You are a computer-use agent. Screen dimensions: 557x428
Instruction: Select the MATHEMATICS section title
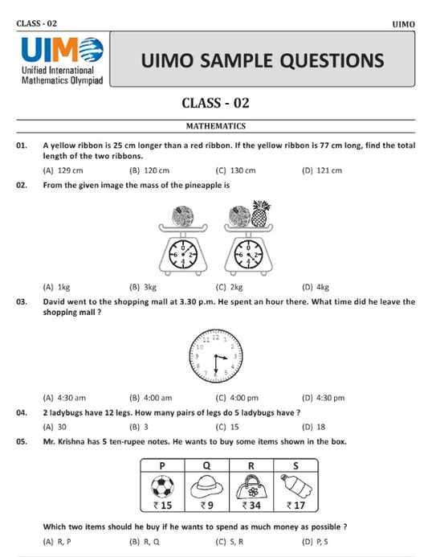[x=216, y=126]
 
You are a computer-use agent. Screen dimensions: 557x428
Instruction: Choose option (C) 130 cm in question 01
[x=235, y=170]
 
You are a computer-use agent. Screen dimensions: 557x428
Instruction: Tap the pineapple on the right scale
[x=259, y=215]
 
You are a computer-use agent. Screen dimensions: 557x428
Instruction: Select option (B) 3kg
[x=142, y=287]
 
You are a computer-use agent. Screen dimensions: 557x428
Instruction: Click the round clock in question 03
[x=215, y=354]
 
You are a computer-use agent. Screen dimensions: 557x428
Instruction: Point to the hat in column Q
[x=206, y=486]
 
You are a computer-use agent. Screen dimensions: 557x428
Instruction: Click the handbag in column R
[x=252, y=486]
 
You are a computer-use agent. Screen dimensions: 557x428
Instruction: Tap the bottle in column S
[x=296, y=485]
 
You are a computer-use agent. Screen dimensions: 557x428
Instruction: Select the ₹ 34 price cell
[x=252, y=506]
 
